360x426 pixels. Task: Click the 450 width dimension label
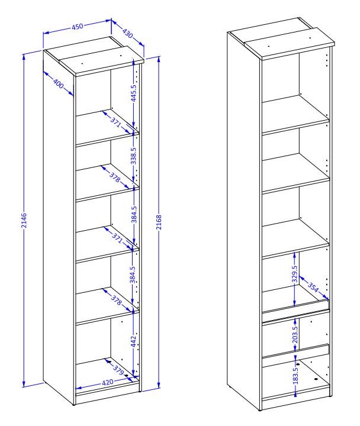pos(78,27)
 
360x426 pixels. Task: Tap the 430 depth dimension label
pos(127,33)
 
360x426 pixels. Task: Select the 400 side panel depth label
pos(58,83)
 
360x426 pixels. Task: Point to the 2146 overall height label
pos(24,221)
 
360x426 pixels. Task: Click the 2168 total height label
pos(159,222)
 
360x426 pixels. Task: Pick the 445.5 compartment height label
pos(133,93)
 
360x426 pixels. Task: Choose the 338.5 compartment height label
pos(133,156)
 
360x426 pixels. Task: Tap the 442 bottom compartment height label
pos(133,341)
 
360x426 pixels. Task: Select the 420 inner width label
pos(108,383)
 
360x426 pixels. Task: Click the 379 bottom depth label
pos(118,370)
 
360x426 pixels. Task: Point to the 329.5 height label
pos(295,274)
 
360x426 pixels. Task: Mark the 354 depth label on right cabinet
pos(313,287)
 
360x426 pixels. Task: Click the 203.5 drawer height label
pos(295,334)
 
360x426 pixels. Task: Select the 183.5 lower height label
pos(295,376)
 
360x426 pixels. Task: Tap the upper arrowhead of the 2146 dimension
pos(24,57)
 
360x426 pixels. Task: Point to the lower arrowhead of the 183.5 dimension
pos(295,393)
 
